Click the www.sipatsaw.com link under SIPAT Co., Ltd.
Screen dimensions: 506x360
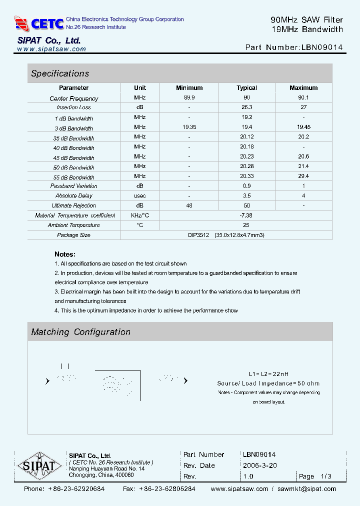click(51, 49)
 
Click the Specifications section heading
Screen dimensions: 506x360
click(60, 73)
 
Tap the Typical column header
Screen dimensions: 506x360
click(246, 88)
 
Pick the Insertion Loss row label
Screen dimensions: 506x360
click(73, 107)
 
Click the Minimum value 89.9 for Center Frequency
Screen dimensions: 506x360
click(189, 98)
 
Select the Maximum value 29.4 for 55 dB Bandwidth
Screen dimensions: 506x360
click(303, 176)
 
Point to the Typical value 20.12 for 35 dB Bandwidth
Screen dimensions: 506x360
click(246, 137)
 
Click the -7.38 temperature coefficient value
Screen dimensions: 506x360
click(246, 215)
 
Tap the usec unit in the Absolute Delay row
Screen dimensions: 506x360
click(140, 195)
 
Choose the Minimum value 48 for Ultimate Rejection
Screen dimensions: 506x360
click(189, 205)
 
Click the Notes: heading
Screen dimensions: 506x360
click(65, 254)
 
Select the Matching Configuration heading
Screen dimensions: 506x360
click(81, 332)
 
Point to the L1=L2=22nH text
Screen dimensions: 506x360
click(268, 374)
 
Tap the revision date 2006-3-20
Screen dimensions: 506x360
click(260, 465)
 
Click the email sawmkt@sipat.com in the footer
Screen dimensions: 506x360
click(306, 489)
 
